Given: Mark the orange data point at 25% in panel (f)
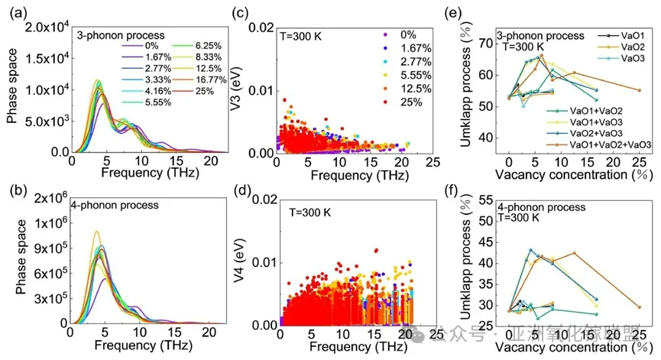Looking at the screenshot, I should coord(639,307).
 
